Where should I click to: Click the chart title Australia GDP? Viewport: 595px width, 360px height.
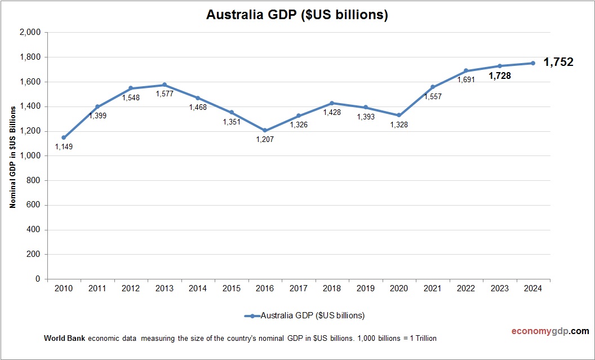pos(297,15)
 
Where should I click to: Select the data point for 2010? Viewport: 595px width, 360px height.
pos(64,137)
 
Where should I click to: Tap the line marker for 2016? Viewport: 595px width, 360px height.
pos(265,130)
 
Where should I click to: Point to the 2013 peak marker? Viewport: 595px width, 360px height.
pos(165,85)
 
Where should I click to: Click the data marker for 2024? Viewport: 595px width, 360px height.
pos(533,63)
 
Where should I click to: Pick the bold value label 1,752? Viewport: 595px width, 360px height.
pos(558,63)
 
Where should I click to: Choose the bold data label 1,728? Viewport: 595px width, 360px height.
pos(500,75)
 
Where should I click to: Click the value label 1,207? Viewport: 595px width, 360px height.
pos(265,139)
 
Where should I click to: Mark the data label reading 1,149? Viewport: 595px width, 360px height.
pos(64,146)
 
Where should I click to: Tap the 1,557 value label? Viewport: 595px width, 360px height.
pos(433,96)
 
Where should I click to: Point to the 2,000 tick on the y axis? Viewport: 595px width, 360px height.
pos(30,33)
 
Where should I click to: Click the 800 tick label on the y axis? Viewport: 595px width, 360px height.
pos(34,180)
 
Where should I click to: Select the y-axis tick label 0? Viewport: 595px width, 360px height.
pos(38,279)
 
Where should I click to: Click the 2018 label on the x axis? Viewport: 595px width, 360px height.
pos(332,288)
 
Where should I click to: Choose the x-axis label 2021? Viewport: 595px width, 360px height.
pos(432,288)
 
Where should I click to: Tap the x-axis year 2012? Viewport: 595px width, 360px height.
pos(131,288)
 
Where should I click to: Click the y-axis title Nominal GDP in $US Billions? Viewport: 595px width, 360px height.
pos(12,155)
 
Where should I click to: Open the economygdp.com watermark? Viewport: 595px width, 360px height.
pos(543,331)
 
